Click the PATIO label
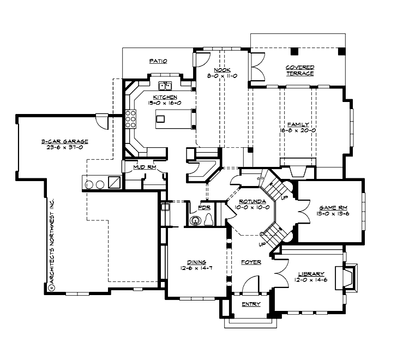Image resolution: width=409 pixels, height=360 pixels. tap(158, 62)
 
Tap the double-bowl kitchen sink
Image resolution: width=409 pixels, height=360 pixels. tap(165, 86)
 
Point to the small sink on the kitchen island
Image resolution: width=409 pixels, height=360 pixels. tap(193, 113)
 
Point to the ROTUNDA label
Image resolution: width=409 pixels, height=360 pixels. tap(249, 202)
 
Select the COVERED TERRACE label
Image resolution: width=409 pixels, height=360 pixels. tap(299, 70)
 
